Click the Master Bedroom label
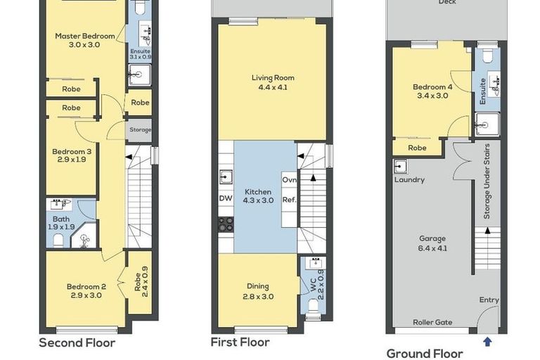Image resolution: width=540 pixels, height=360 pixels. pyautogui.click(x=85, y=36)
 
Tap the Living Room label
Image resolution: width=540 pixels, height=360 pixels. pyautogui.click(x=273, y=78)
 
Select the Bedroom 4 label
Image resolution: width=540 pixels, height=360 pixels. pyautogui.click(x=432, y=86)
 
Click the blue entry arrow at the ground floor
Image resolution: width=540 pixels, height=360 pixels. pyautogui.click(x=487, y=342)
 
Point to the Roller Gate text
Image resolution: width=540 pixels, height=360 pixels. pyautogui.click(x=434, y=323)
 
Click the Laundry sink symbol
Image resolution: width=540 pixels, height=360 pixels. pyautogui.click(x=400, y=167)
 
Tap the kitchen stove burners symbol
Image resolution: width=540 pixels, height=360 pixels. pyautogui.click(x=226, y=224)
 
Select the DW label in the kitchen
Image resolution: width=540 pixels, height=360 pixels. pyautogui.click(x=226, y=199)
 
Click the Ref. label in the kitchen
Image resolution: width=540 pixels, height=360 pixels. pyautogui.click(x=288, y=199)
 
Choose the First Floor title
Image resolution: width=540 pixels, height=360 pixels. pyautogui.click(x=240, y=342)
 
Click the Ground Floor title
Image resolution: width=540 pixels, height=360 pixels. pyautogui.click(x=425, y=354)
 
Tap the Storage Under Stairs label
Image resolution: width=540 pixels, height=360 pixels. pyautogui.click(x=487, y=181)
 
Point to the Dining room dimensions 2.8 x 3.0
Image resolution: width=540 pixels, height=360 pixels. pyautogui.click(x=257, y=297)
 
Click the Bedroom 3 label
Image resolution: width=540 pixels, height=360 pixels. pyautogui.click(x=72, y=151)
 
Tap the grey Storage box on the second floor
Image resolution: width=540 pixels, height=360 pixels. pyautogui.click(x=140, y=129)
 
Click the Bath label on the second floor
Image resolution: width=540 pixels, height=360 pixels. pyautogui.click(x=61, y=219)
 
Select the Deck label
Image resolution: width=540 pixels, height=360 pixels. pyautogui.click(x=446, y=2)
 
